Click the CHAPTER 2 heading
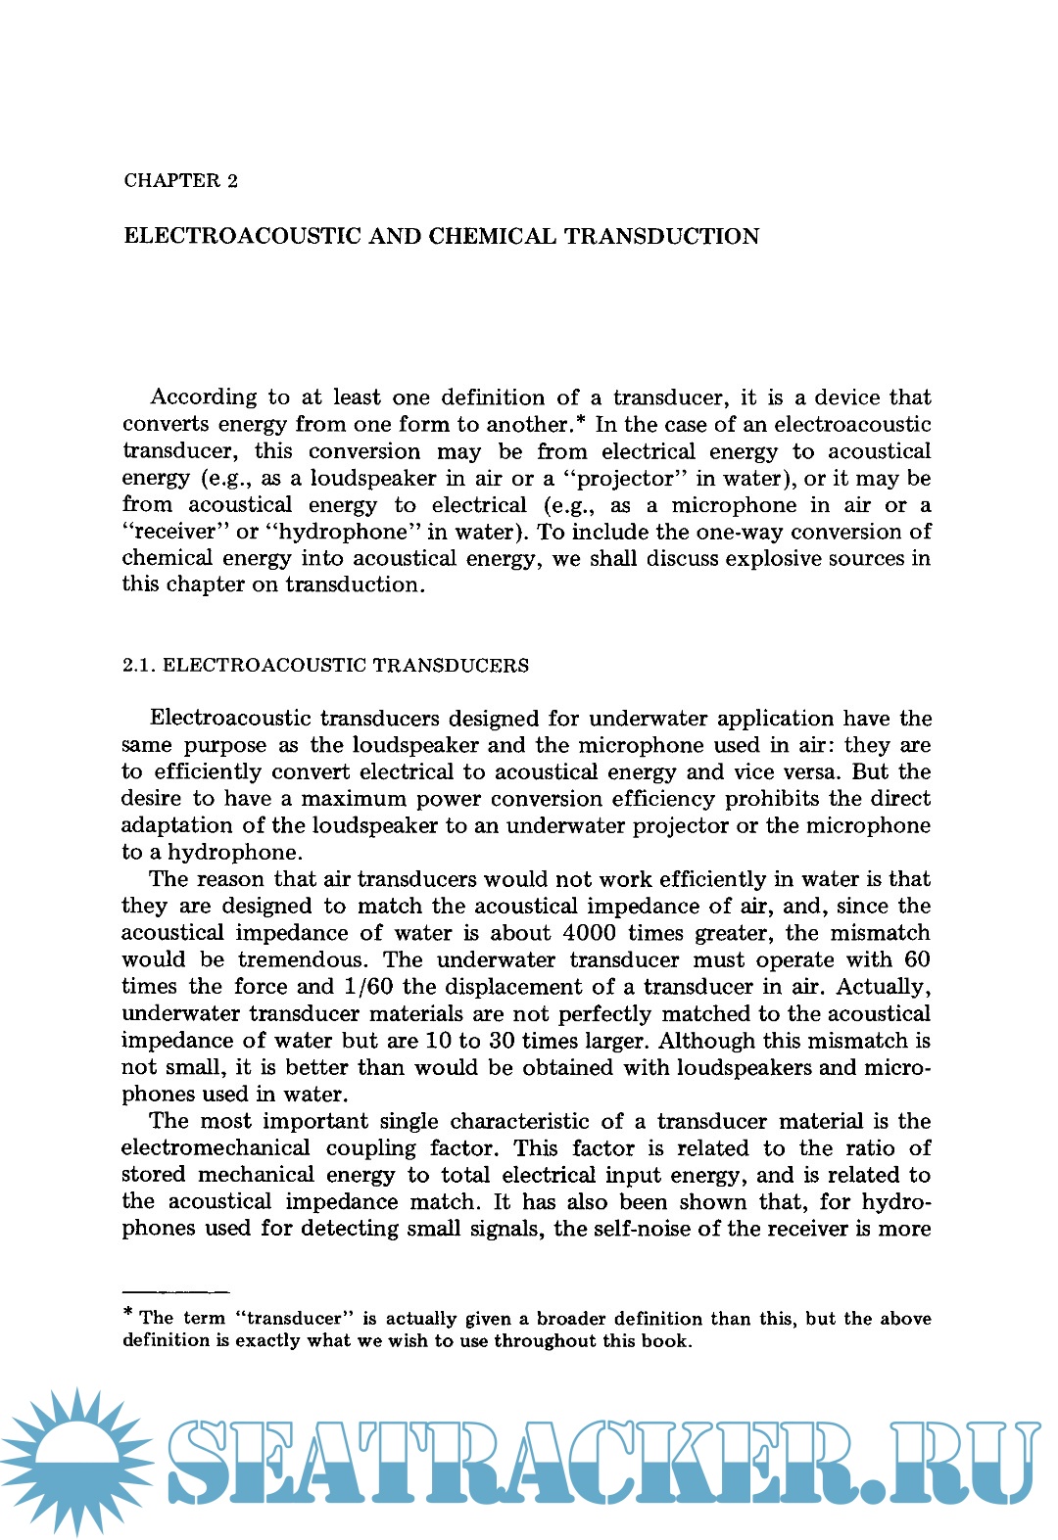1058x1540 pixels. tap(180, 180)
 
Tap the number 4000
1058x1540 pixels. tap(590, 933)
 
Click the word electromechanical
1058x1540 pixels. tap(216, 1147)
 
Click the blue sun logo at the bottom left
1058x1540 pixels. tap(76, 1461)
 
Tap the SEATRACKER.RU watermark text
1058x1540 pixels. tap(602, 1462)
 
